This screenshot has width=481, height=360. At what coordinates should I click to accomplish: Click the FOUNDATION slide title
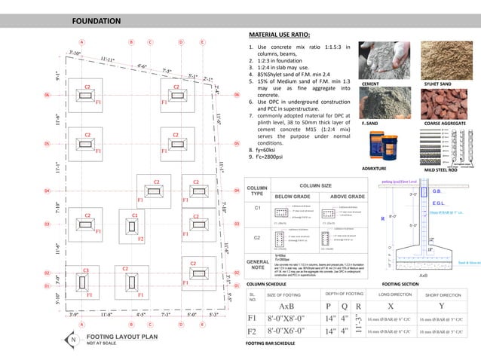[96, 20]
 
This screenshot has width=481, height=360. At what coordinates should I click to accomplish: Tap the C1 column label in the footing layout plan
[135, 215]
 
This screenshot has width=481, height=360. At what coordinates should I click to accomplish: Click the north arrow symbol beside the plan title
[72, 340]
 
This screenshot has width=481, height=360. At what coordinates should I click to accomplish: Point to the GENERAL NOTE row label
[259, 287]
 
